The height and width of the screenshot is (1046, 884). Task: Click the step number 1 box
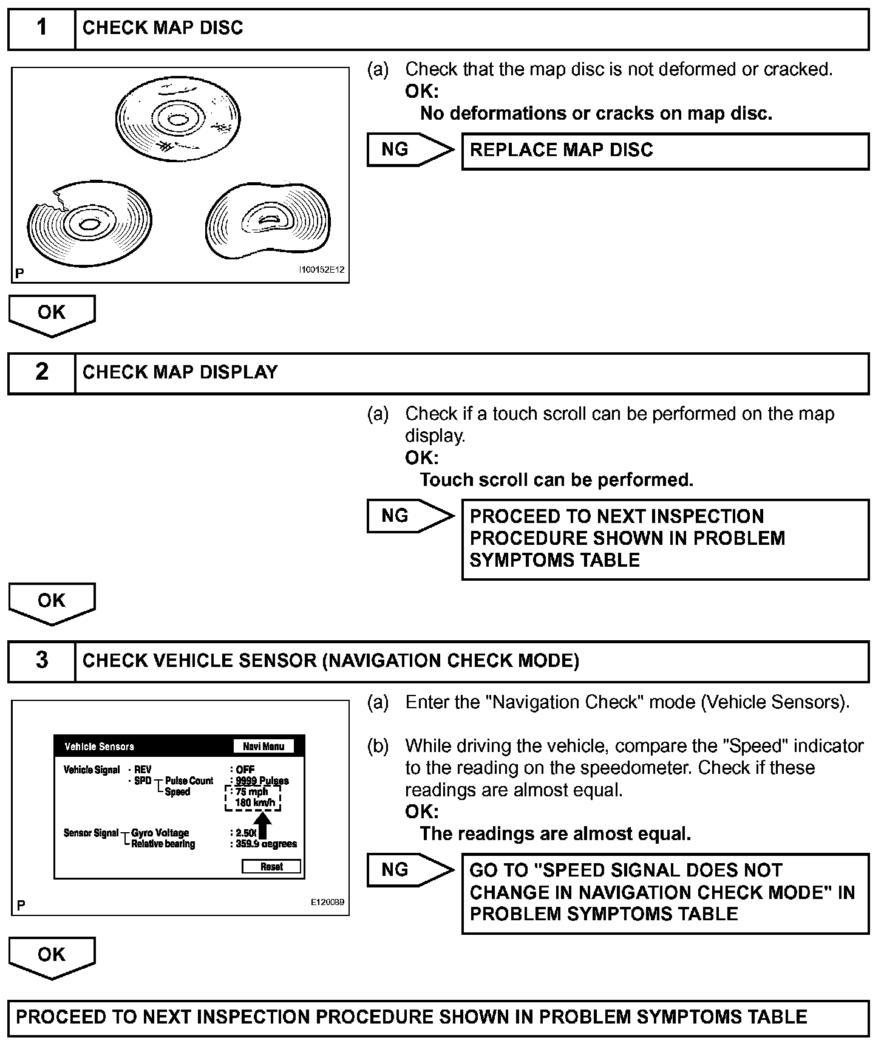41,28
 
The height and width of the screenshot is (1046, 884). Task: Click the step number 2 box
41,372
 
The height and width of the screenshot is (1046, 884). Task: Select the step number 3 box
41,660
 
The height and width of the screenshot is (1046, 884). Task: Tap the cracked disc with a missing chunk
89,224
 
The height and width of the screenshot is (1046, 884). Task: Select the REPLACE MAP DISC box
665,151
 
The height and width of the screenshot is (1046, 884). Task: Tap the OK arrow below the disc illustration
52,314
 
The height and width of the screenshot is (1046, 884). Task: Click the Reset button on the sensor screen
271,867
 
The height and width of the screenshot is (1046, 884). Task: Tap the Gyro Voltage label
160,833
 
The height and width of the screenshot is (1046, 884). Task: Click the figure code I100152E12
321,270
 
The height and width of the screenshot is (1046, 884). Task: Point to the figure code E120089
327,903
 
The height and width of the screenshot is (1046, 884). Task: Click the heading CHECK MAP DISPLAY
180,372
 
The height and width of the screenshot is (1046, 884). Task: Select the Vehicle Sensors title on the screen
99,747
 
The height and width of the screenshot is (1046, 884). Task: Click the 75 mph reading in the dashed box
251,792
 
